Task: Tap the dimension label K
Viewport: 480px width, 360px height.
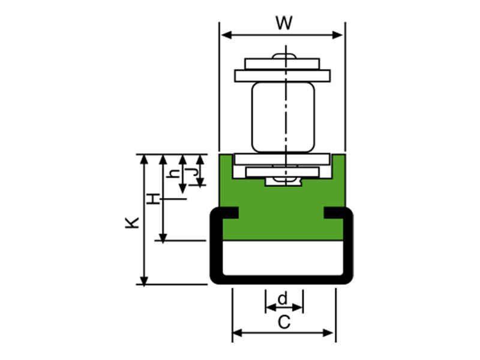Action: coord(133,223)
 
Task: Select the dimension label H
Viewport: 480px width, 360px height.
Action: coord(155,199)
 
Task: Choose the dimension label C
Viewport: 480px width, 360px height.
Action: coord(284,322)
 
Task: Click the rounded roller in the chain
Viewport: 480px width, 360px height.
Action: coord(283,117)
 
